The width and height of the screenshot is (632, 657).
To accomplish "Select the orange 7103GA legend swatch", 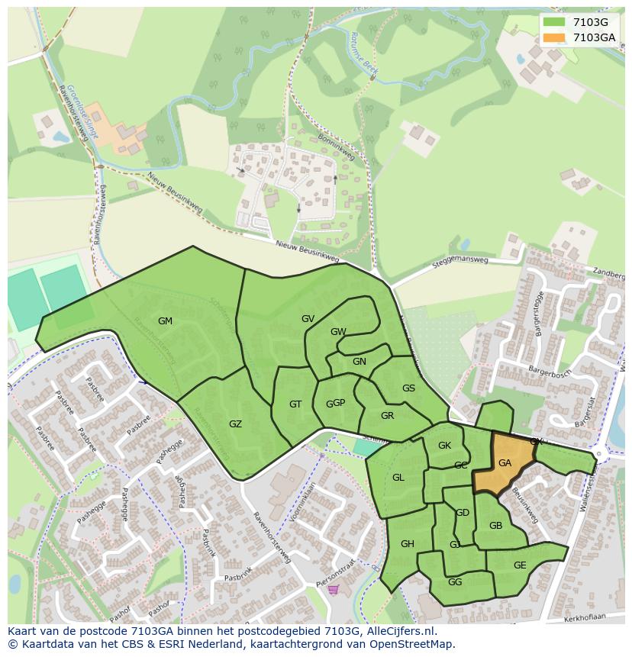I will pyautogui.click(x=555, y=37).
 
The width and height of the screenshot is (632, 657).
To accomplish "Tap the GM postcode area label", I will pyautogui.click(x=165, y=321).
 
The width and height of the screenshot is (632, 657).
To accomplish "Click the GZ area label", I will pyautogui.click(x=235, y=424).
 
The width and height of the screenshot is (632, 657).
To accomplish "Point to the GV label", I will pyautogui.click(x=308, y=319).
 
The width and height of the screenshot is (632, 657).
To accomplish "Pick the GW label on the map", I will pyautogui.click(x=338, y=332).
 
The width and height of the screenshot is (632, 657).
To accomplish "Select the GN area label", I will pyautogui.click(x=359, y=362).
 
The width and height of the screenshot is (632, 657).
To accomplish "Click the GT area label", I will pyautogui.click(x=295, y=404).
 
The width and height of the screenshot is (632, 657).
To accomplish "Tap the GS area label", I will pyautogui.click(x=408, y=388).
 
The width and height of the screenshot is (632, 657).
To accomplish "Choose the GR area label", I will pyautogui.click(x=387, y=416).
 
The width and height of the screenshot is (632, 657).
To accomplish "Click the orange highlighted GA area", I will pyautogui.click(x=505, y=463).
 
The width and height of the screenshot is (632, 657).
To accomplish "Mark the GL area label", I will pyautogui.click(x=398, y=478).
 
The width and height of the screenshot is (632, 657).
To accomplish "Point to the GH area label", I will pyautogui.click(x=407, y=544).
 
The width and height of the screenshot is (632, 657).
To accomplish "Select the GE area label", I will pyautogui.click(x=520, y=565).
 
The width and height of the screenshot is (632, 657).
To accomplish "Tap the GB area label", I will pyautogui.click(x=495, y=526).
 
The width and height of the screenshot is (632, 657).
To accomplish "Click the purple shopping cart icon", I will pyautogui.click(x=333, y=589).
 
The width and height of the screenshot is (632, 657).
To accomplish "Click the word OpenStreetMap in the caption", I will pyautogui.click(x=412, y=644).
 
